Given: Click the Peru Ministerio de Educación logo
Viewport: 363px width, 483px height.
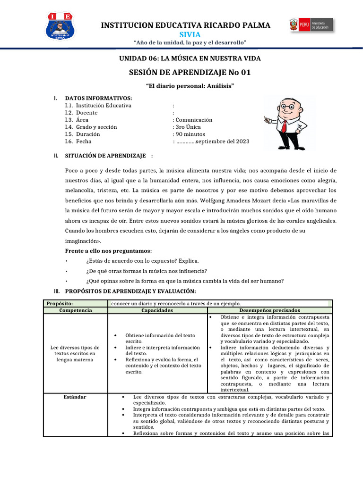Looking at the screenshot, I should click(x=311, y=25).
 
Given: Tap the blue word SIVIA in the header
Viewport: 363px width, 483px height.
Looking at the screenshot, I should click(x=189, y=35).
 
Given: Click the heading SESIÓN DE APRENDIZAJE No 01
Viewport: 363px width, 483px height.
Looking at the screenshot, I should click(x=189, y=72).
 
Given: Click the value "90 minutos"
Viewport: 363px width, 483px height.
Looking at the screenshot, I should click(x=189, y=134).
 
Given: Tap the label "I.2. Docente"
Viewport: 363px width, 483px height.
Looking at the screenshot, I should click(x=81, y=113).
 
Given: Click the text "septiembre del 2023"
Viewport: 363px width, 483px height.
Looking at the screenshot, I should click(x=222, y=142).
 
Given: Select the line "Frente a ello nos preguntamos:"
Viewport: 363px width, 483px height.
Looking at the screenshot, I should click(x=108, y=250).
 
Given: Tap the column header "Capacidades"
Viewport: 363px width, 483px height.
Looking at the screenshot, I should click(x=157, y=310).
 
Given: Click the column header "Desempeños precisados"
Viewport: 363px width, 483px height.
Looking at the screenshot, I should click(x=269, y=310).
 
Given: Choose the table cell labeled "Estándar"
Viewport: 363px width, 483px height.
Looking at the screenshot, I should click(x=75, y=397).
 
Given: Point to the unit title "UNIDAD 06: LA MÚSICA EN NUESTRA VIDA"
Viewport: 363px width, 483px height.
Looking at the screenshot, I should click(x=189, y=58).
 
